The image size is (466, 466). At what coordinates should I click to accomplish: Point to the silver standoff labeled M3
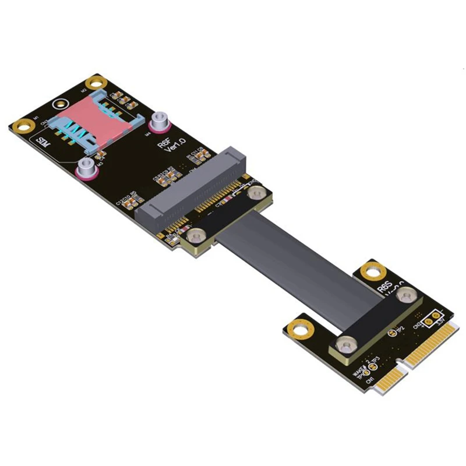pos(86,168)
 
